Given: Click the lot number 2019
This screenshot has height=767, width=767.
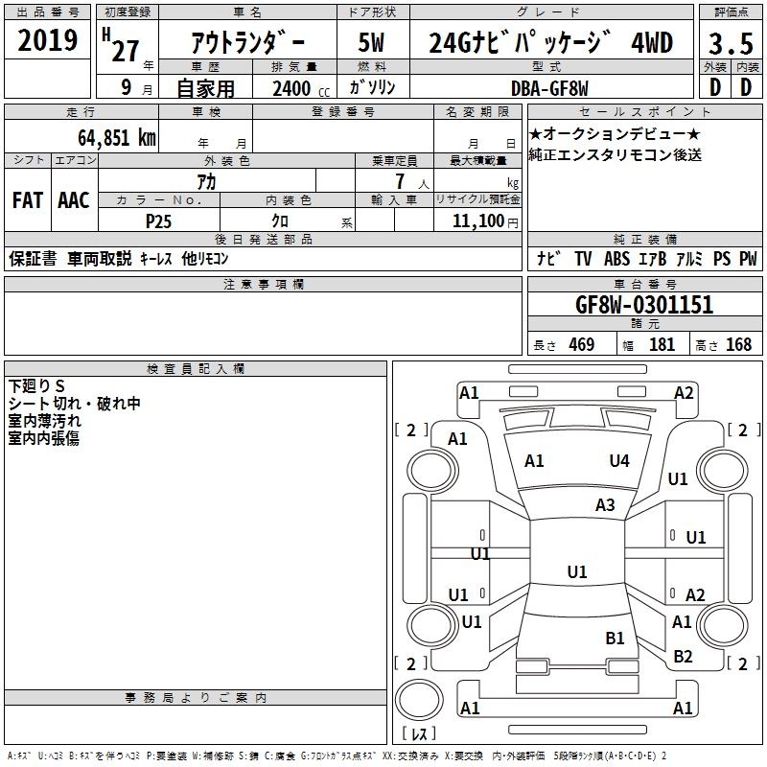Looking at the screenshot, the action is pos(47,40).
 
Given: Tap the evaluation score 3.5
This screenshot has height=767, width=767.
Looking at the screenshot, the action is pos(731,43).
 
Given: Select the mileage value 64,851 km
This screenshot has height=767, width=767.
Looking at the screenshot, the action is pos(117,138).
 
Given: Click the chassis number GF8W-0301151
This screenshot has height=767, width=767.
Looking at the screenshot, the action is pos(644,305).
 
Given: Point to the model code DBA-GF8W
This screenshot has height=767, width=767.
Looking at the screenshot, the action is pos(549,88).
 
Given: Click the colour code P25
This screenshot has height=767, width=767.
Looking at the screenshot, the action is pos(158,221).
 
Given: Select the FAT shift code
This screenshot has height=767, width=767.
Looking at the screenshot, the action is pos(28,200).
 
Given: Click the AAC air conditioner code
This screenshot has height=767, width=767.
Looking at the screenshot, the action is pos(74,200).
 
